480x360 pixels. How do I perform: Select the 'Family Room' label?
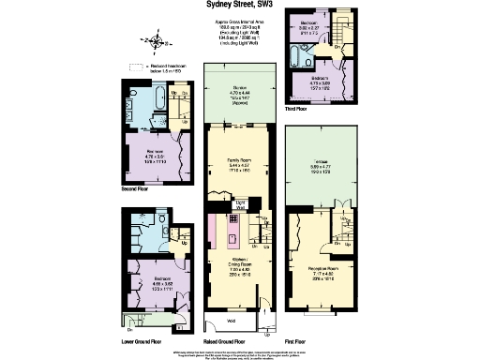238,166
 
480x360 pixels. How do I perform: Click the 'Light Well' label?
240,204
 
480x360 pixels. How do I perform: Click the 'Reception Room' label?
322,271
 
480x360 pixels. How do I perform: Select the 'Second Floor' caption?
139,187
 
